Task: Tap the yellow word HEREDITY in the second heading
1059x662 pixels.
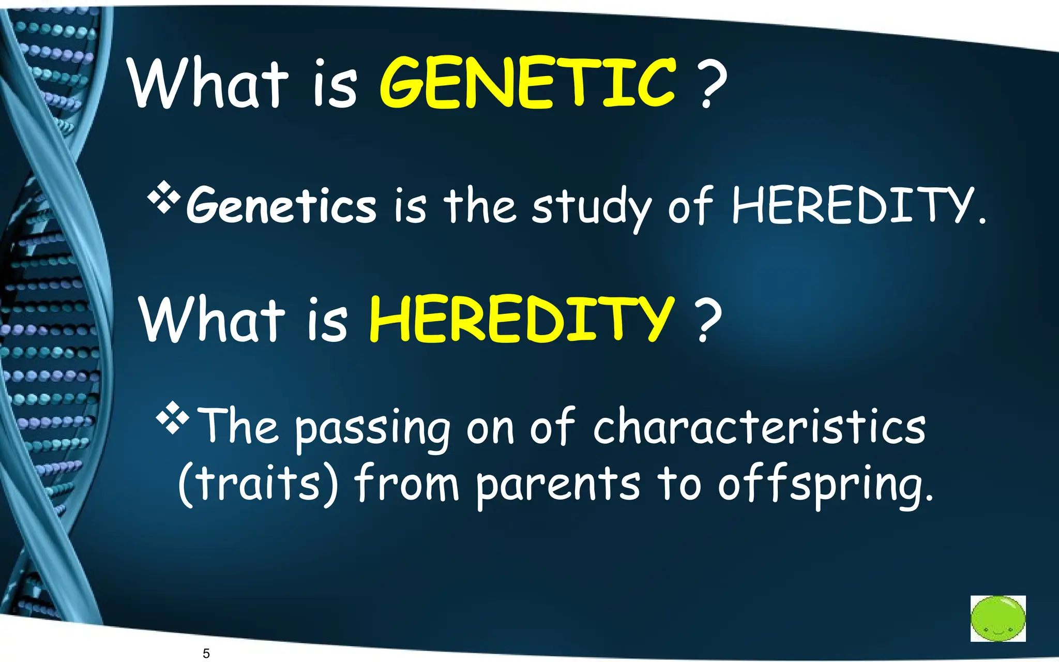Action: point(521,319)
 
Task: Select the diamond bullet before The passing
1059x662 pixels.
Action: point(172,418)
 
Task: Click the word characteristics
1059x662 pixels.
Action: point(759,427)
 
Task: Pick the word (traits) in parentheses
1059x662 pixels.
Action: point(258,484)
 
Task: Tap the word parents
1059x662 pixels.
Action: point(557,485)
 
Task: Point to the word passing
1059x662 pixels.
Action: point(372,429)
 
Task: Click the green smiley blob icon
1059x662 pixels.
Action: point(997,618)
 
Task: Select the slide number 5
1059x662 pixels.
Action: point(206,653)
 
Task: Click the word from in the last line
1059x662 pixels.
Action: point(406,483)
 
